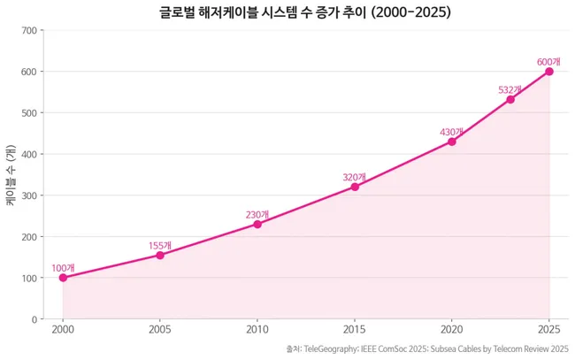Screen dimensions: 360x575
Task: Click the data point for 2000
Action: [x=63, y=278]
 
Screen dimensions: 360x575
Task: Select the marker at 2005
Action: [x=160, y=255]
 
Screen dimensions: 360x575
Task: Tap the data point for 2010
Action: [x=257, y=224]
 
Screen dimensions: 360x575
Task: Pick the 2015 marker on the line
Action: [x=355, y=187]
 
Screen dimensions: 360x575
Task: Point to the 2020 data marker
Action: [x=452, y=142]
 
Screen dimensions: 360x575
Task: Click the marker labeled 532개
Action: [x=510, y=99]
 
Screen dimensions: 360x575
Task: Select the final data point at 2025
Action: [x=549, y=71]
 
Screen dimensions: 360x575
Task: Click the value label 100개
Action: [x=63, y=268]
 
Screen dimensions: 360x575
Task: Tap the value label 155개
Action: [x=160, y=245]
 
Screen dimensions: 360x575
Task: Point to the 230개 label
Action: [x=257, y=214]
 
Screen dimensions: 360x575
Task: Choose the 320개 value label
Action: [x=355, y=177]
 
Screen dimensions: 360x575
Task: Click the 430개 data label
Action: [x=452, y=132]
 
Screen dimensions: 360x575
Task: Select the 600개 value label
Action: [x=549, y=61]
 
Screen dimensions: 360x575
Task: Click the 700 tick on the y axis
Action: [x=29, y=30]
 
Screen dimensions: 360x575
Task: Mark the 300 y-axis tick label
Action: [x=29, y=195]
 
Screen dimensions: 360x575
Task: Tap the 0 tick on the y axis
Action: [x=34, y=319]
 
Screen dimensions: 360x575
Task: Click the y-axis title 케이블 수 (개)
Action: [x=11, y=174]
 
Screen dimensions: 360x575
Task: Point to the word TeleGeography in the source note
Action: [x=332, y=349]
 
